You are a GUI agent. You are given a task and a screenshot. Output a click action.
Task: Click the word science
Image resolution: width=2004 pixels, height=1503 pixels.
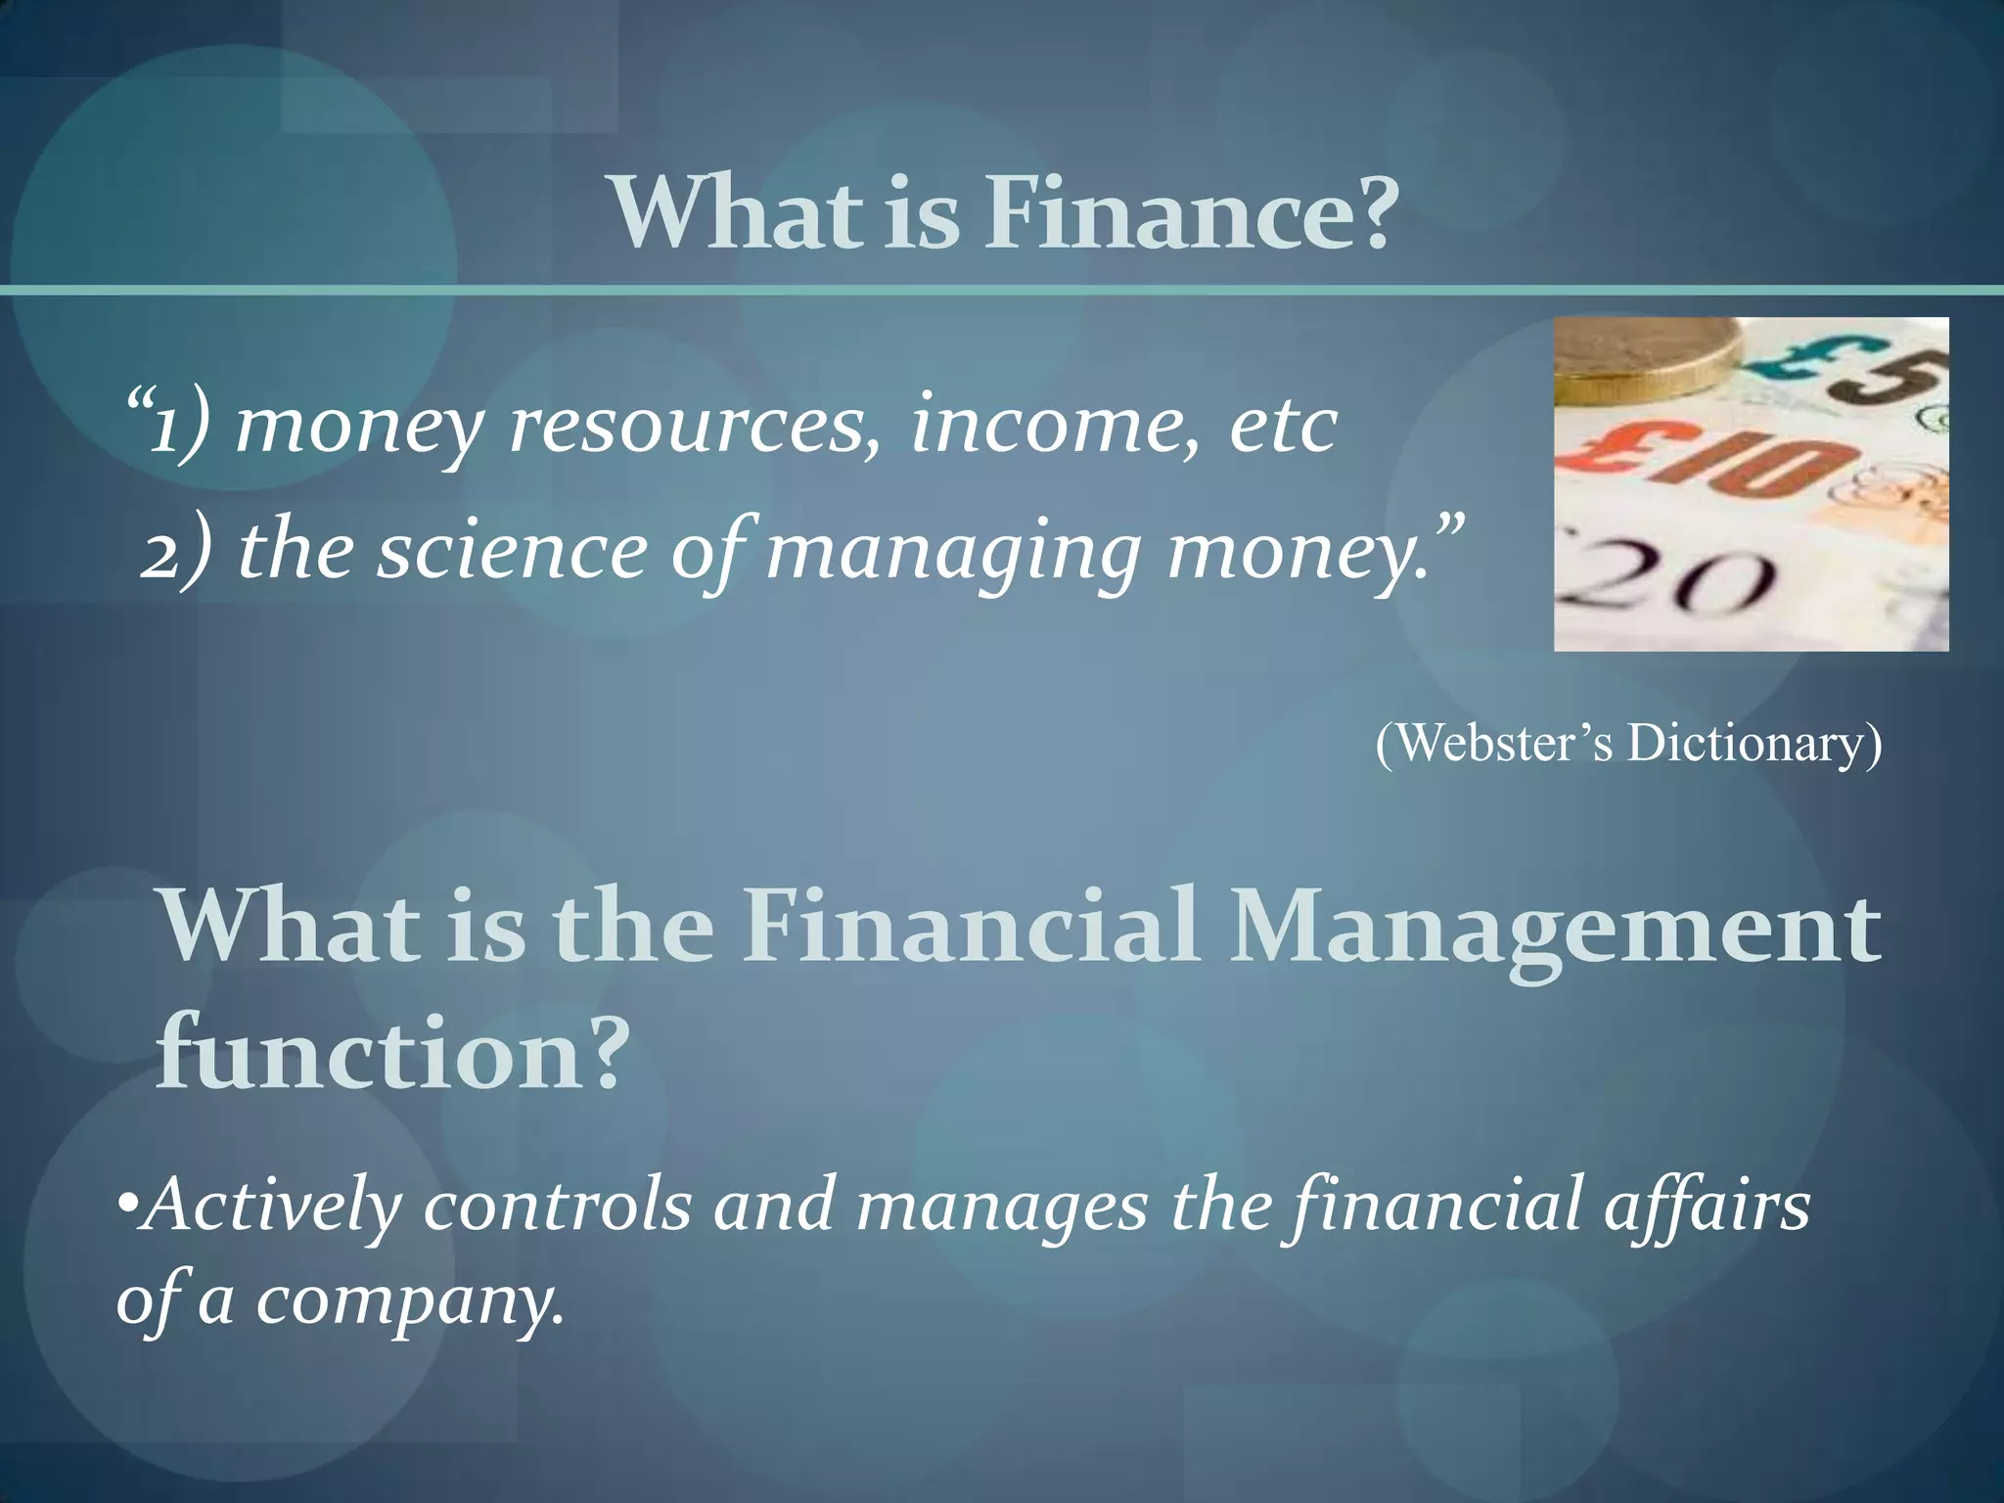513,550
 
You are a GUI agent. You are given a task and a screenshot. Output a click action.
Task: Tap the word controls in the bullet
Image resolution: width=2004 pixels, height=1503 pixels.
557,1206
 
